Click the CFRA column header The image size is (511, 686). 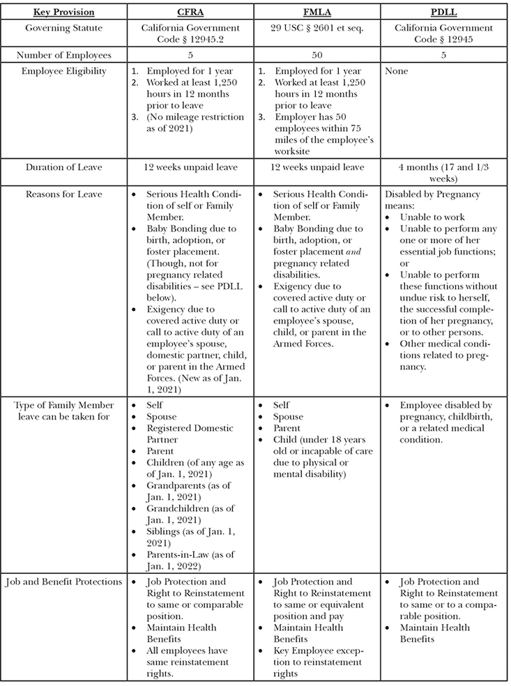pyautogui.click(x=189, y=12)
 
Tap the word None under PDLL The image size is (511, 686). pyautogui.click(x=396, y=71)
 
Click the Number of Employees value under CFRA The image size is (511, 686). pyautogui.click(x=189, y=54)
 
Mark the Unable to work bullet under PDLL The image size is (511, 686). pyautogui.click(x=432, y=217)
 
